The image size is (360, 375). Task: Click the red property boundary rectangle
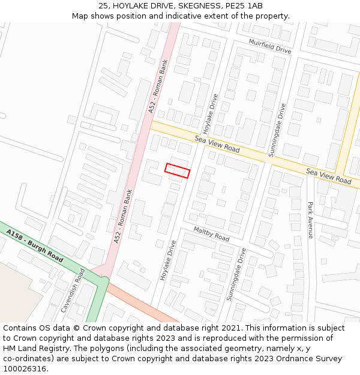(x=177, y=170)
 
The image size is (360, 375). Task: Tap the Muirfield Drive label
(x=270, y=46)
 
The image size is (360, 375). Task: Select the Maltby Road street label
(x=211, y=234)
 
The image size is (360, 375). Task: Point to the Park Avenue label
(x=310, y=220)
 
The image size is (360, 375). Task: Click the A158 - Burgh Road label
(x=35, y=245)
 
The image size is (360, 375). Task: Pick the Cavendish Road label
(x=73, y=290)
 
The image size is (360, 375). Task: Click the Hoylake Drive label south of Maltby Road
(x=167, y=260)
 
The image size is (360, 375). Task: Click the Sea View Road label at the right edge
(x=328, y=176)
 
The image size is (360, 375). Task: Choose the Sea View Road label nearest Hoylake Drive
(x=217, y=144)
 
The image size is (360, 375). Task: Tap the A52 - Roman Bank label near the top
(x=158, y=86)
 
